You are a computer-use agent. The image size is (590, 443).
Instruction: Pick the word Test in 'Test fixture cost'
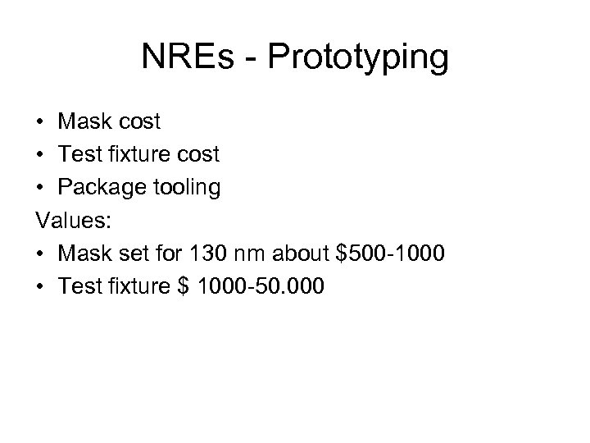click(79, 155)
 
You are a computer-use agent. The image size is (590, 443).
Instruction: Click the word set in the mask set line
click(130, 253)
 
